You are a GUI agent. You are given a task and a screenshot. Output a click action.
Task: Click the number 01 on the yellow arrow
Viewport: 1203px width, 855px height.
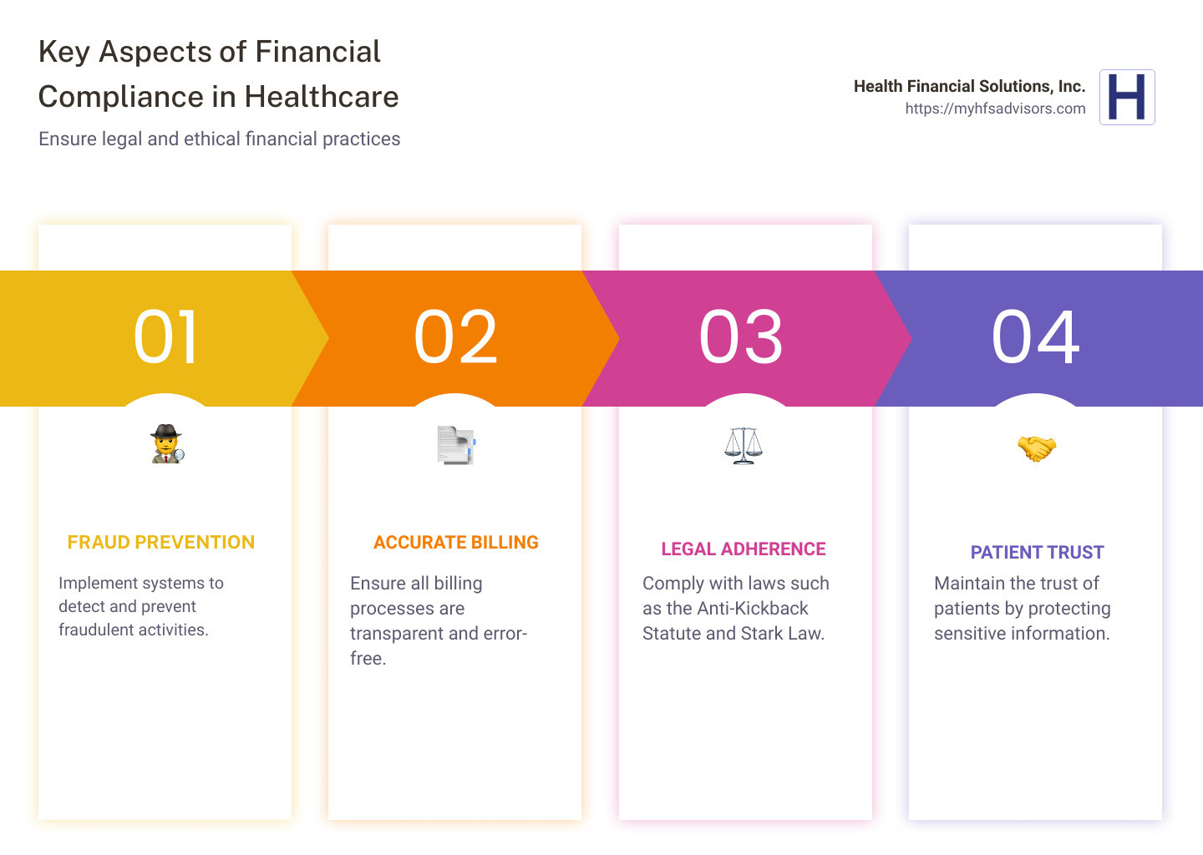coord(166,337)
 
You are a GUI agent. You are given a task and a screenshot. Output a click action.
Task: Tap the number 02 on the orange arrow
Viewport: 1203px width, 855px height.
coord(455,337)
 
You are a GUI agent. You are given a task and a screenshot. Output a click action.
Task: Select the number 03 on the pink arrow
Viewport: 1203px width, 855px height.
coord(741,337)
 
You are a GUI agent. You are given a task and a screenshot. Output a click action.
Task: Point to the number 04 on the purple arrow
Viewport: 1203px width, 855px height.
coord(1035,337)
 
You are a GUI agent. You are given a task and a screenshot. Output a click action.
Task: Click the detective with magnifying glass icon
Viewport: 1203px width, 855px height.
coord(167,444)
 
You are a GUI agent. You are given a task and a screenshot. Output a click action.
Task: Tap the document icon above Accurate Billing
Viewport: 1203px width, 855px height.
coord(456,444)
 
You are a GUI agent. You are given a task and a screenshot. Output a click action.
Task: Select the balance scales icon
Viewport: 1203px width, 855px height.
coord(744,445)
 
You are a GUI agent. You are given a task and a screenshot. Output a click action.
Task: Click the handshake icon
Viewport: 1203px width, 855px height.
coord(1036,448)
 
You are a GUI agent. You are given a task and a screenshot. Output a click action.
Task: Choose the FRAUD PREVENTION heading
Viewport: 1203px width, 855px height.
coord(161,543)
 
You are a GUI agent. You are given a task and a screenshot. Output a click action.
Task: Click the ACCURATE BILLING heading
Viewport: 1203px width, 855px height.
coord(456,543)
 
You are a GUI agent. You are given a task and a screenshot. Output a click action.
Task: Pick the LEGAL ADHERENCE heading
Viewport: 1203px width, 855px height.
coord(744,549)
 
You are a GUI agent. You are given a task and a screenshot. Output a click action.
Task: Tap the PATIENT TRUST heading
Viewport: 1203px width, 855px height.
coord(1037,553)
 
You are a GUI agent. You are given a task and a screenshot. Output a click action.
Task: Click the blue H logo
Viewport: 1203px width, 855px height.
coord(1127,97)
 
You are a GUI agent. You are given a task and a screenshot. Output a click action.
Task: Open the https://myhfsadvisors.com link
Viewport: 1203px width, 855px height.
coord(995,109)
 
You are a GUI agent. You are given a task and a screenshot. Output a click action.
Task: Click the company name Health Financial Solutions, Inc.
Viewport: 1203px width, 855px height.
coord(969,86)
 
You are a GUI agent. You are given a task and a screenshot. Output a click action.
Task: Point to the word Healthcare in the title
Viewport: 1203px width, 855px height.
coord(322,97)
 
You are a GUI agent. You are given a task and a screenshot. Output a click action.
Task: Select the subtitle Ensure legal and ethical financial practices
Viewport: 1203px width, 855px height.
coord(219,139)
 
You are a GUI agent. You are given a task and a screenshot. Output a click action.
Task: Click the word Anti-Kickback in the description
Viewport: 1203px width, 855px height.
coord(753,609)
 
